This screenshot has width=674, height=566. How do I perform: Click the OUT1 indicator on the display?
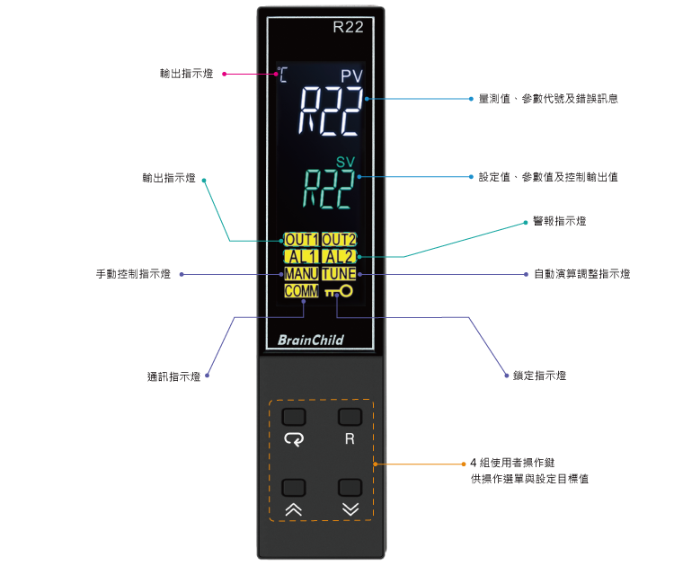point(301,239)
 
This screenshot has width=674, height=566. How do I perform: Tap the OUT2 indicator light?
point(339,239)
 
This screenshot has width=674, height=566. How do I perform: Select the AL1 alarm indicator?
point(301,257)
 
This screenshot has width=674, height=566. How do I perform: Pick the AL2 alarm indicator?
point(339,257)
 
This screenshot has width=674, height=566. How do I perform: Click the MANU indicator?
point(301,274)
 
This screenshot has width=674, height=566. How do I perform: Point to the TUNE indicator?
point(339,274)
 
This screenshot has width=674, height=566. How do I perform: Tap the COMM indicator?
point(301,291)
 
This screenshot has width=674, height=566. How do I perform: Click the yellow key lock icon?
point(339,291)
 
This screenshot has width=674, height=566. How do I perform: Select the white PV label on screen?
point(352,76)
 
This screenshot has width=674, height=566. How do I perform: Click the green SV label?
point(346,162)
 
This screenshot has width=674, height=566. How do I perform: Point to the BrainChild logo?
point(311,340)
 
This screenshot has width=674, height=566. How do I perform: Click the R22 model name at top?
point(348,27)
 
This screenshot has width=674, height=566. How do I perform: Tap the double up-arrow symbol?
point(294,509)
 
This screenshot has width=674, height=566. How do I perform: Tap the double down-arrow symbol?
point(350,509)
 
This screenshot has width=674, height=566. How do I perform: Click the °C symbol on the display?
point(282,75)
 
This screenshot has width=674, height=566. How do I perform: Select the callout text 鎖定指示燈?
point(539,376)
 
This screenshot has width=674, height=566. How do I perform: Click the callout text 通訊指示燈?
point(174,376)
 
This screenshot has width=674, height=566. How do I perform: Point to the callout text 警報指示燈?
point(560,221)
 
